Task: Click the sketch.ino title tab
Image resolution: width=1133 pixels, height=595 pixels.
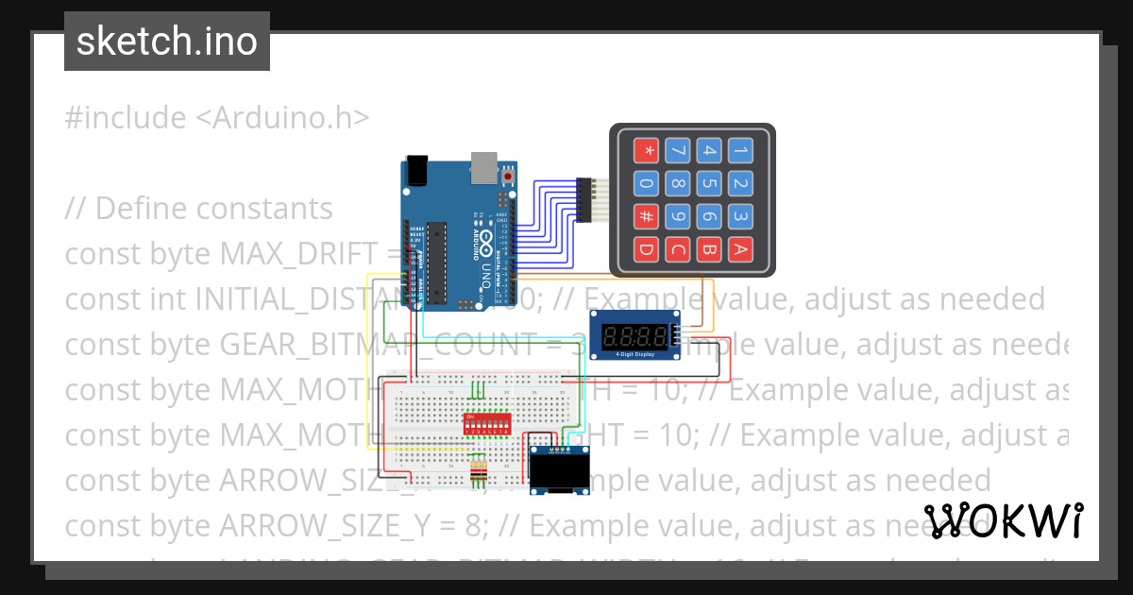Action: click(167, 42)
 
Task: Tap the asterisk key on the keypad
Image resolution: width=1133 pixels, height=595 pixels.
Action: click(647, 150)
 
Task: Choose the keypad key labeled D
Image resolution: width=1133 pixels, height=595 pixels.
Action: click(647, 250)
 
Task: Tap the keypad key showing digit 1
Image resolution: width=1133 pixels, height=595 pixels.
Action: click(741, 150)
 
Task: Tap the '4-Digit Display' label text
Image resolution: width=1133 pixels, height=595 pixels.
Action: click(632, 355)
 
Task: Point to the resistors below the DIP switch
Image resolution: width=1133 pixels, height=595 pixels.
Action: click(479, 470)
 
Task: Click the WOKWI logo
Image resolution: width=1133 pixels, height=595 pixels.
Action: click(1003, 520)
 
